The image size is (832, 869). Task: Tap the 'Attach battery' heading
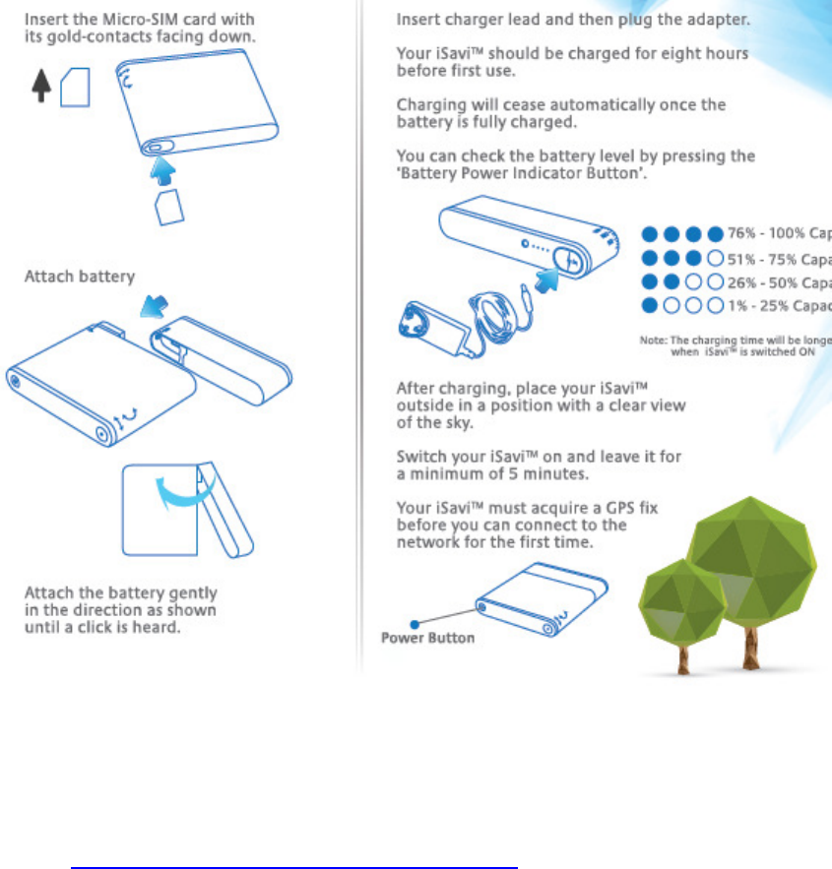[79, 277]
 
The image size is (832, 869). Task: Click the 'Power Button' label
[427, 638]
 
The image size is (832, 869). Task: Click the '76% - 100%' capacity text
[779, 233]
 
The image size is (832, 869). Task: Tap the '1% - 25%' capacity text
[779, 305]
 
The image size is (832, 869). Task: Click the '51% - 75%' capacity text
[779, 258]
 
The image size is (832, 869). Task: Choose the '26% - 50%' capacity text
[779, 281]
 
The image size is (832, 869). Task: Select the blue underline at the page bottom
[294, 841]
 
